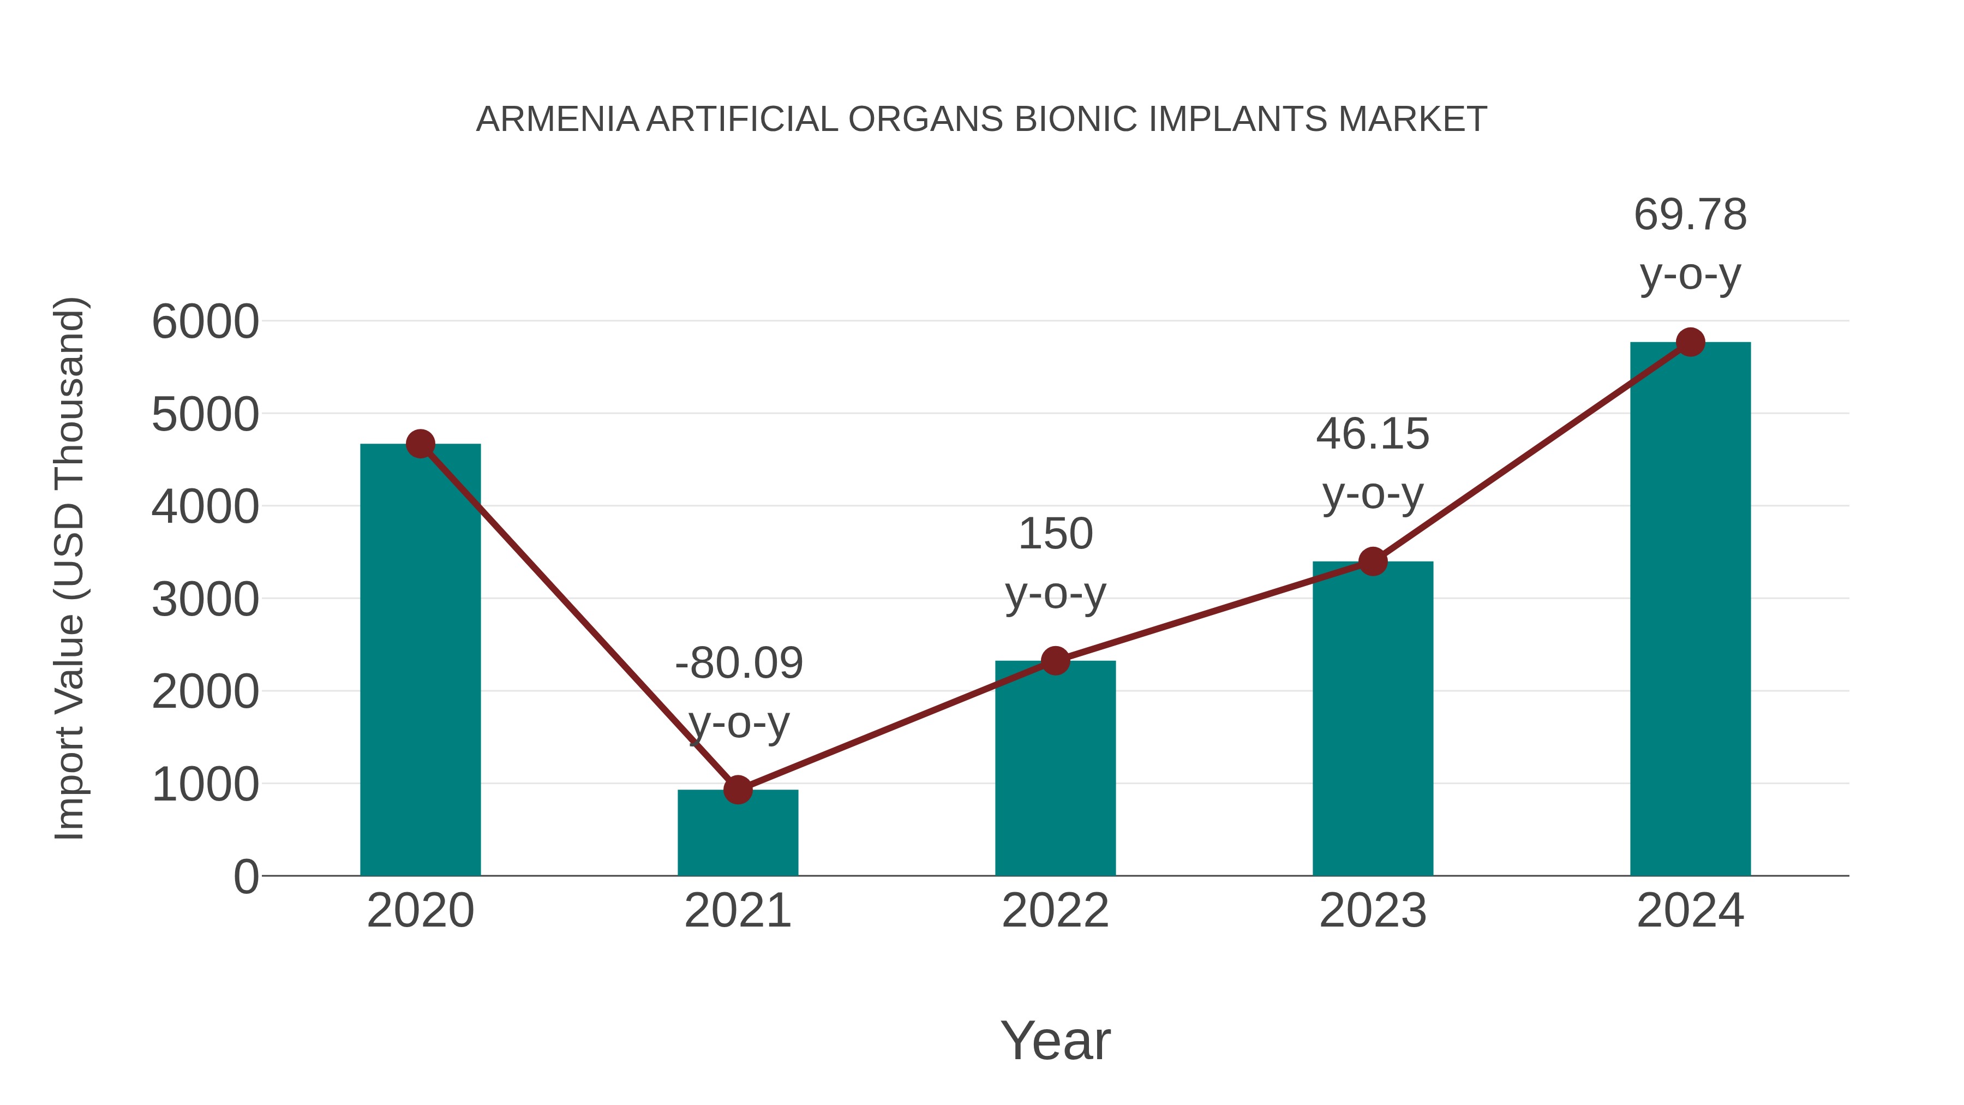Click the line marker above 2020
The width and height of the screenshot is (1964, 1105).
point(420,444)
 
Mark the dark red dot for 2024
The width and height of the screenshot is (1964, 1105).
point(1690,342)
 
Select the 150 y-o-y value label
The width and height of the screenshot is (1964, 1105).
point(1055,533)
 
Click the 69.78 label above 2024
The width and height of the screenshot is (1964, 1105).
point(1690,214)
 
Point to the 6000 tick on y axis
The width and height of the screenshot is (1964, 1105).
point(205,322)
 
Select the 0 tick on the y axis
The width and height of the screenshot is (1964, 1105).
point(245,877)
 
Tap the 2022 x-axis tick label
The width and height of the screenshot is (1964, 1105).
point(1055,911)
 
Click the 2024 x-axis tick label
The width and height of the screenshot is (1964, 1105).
point(1690,911)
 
